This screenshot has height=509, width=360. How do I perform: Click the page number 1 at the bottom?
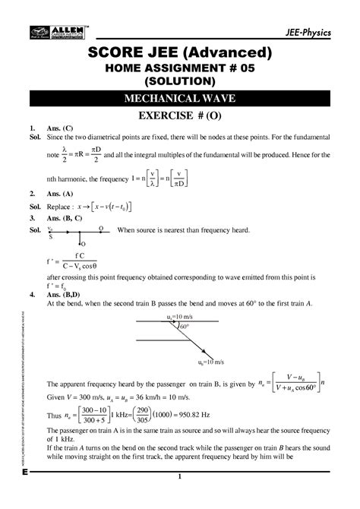[180, 498]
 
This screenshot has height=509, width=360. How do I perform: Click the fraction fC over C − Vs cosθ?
[80, 262]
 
